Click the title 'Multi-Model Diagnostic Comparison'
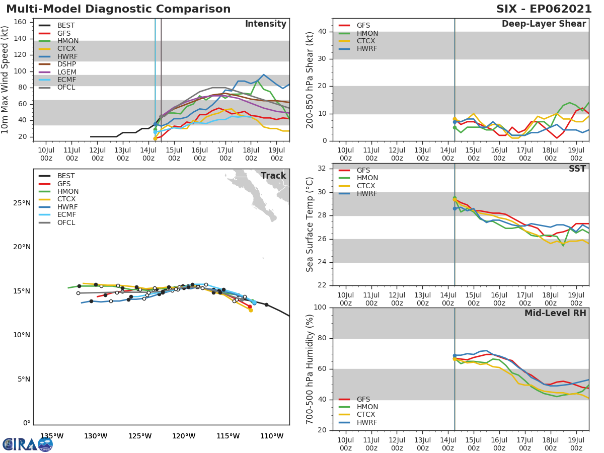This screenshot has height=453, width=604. (118, 9)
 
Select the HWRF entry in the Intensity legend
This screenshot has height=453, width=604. (67, 56)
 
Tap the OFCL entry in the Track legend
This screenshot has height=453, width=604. (66, 222)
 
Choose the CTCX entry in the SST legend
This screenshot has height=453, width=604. (367, 186)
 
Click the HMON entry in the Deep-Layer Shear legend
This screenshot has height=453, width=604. (367, 33)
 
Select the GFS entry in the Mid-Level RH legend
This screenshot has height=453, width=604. (363, 399)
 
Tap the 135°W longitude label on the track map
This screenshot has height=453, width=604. (51, 436)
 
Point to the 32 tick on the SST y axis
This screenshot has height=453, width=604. (322, 169)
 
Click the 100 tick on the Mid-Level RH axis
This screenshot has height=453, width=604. (320, 308)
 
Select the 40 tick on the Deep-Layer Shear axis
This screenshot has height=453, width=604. (322, 31)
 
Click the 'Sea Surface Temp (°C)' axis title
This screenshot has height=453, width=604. (310, 224)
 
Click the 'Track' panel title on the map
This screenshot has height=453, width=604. (273, 176)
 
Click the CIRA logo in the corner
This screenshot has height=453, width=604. (27, 444)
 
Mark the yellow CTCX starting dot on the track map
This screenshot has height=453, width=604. (250, 310)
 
